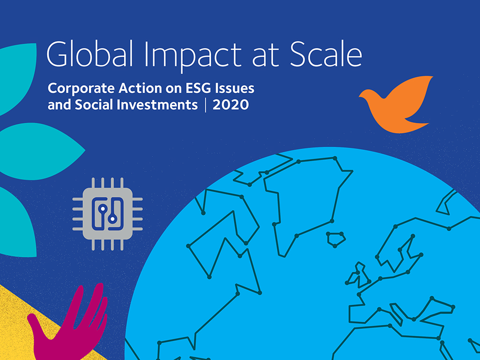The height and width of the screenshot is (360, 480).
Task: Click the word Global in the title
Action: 90,54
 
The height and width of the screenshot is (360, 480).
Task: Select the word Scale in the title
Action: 326,54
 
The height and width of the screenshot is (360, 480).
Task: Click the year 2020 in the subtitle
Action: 231,105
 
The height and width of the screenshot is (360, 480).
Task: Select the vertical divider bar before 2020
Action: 205,105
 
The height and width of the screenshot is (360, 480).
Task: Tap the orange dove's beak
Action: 360,96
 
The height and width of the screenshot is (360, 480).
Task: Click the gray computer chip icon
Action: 107,214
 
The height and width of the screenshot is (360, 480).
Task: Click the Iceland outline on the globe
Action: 336,239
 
